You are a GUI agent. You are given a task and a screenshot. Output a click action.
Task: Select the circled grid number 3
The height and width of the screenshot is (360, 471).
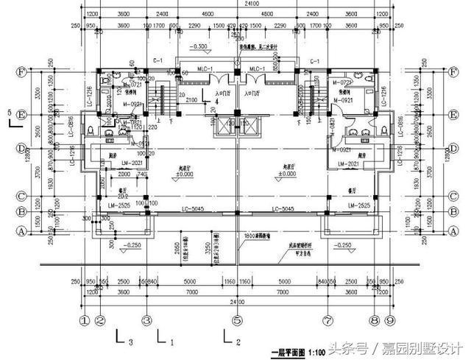point(146,321)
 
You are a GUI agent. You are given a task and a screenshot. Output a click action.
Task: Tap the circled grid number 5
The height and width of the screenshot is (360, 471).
point(237,321)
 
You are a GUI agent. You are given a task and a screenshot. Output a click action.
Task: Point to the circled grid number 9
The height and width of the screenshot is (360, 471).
point(389,321)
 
